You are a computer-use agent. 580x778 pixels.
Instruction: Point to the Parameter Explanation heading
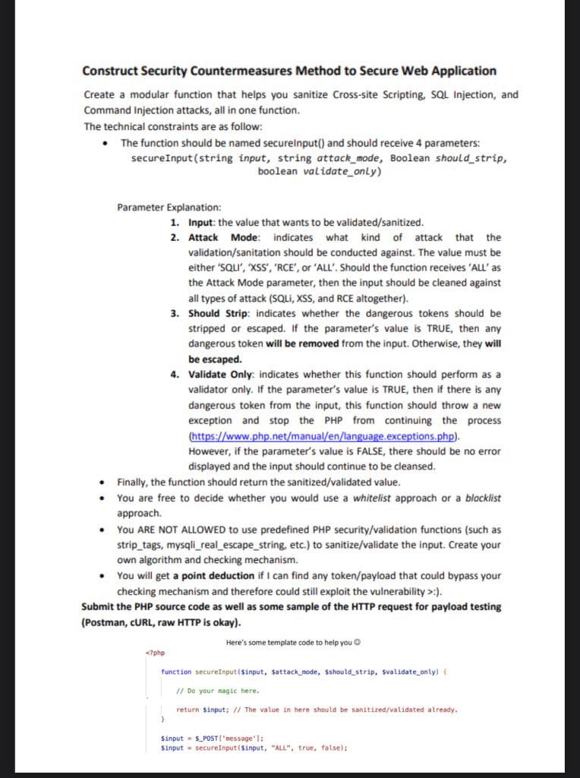click(169, 207)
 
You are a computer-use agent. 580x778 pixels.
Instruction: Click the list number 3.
click(174, 313)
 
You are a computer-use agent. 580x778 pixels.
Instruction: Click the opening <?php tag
click(154, 652)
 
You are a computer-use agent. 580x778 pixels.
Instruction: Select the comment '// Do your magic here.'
click(217, 691)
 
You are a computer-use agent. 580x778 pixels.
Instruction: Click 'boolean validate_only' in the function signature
click(319, 171)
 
